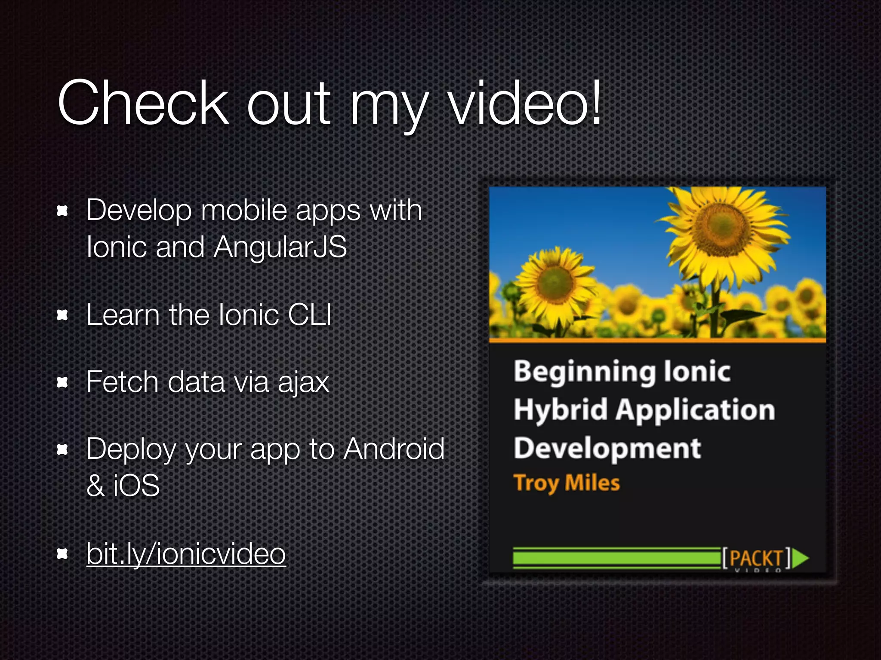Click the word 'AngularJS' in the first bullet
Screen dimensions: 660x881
[x=280, y=247]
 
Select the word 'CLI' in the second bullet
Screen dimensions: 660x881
[x=309, y=315]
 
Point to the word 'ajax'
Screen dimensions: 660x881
[x=303, y=382]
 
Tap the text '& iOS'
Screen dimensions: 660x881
[x=123, y=486]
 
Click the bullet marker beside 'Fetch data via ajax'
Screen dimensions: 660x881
[x=63, y=382]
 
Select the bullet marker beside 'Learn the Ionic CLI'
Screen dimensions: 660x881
[x=63, y=315]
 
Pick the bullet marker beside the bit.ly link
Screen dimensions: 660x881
[x=63, y=554]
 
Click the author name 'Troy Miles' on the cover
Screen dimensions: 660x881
[x=567, y=483]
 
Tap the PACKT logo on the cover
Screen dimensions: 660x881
[x=756, y=559]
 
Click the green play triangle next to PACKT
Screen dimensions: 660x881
[x=800, y=558]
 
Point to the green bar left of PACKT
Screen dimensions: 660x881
[x=616, y=558]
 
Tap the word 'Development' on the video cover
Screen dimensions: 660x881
[x=607, y=448]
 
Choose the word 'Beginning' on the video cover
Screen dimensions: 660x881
[x=584, y=372]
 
